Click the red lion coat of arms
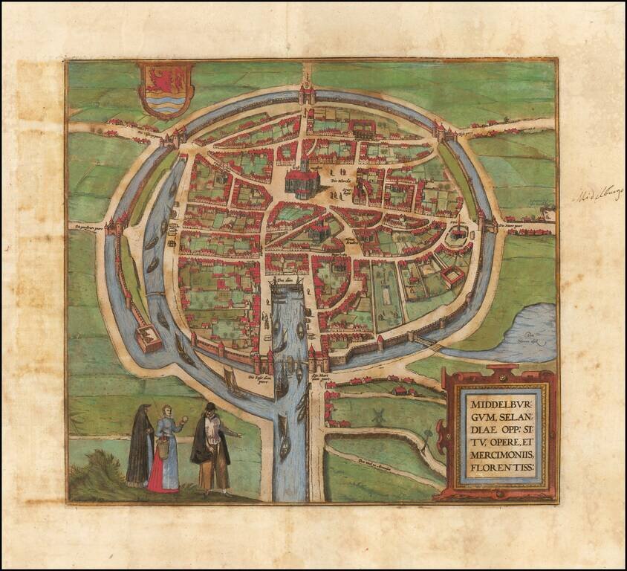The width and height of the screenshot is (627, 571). [x=166, y=89]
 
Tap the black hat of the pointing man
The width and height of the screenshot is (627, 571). [x=210, y=407]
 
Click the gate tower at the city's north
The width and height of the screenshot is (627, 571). [x=305, y=95]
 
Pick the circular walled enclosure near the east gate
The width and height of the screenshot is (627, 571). [x=457, y=236]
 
